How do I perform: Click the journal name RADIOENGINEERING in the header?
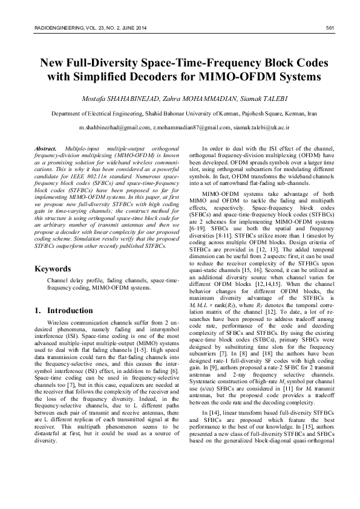[51, 28]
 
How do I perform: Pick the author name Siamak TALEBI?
[253, 98]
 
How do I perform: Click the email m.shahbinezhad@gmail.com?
[114, 128]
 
